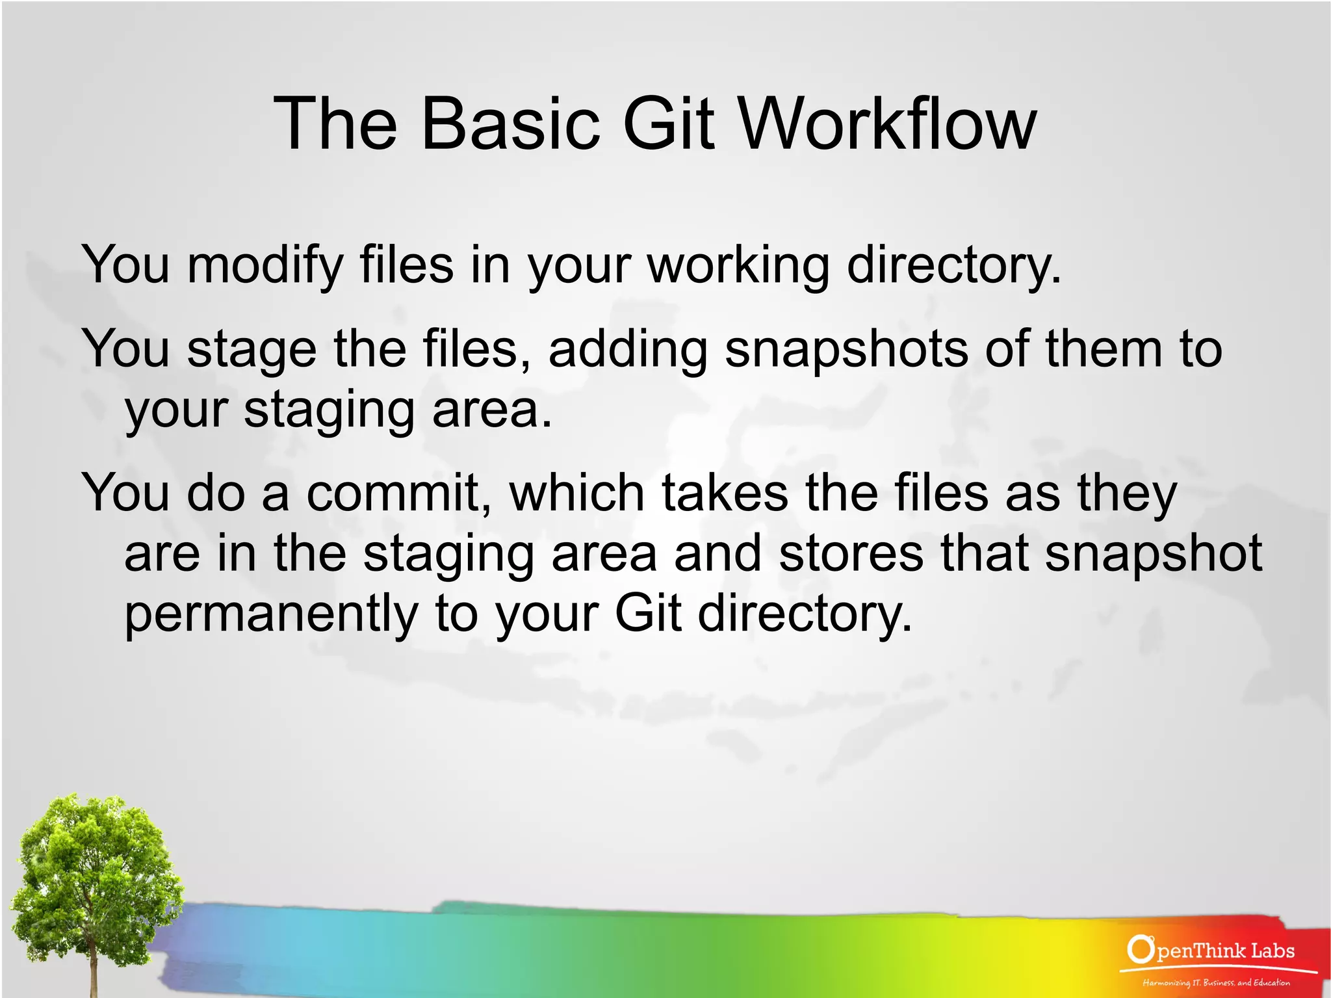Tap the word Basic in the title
click(x=511, y=124)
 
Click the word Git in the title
click(x=669, y=124)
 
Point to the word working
click(x=739, y=265)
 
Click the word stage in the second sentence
click(x=252, y=350)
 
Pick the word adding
click(x=628, y=350)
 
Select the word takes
click(x=725, y=493)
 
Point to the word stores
click(x=851, y=553)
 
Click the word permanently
click(x=271, y=614)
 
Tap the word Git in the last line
click(x=648, y=614)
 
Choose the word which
click(x=577, y=493)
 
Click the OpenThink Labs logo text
click(x=1224, y=951)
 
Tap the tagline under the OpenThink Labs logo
click(x=1216, y=982)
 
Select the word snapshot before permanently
click(x=1153, y=553)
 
